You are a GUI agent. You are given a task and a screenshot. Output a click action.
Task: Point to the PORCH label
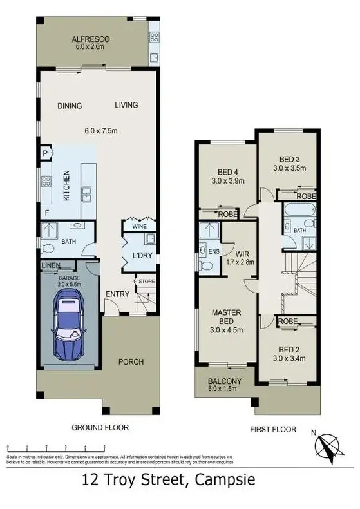tap(131, 361)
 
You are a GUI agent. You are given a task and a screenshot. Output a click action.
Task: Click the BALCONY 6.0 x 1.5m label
tap(225, 385)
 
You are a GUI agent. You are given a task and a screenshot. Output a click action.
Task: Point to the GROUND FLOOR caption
tap(100, 427)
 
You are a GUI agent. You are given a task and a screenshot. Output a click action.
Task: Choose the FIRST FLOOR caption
tap(274, 429)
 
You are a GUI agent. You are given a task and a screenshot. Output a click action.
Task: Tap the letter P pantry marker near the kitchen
tap(44, 154)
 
